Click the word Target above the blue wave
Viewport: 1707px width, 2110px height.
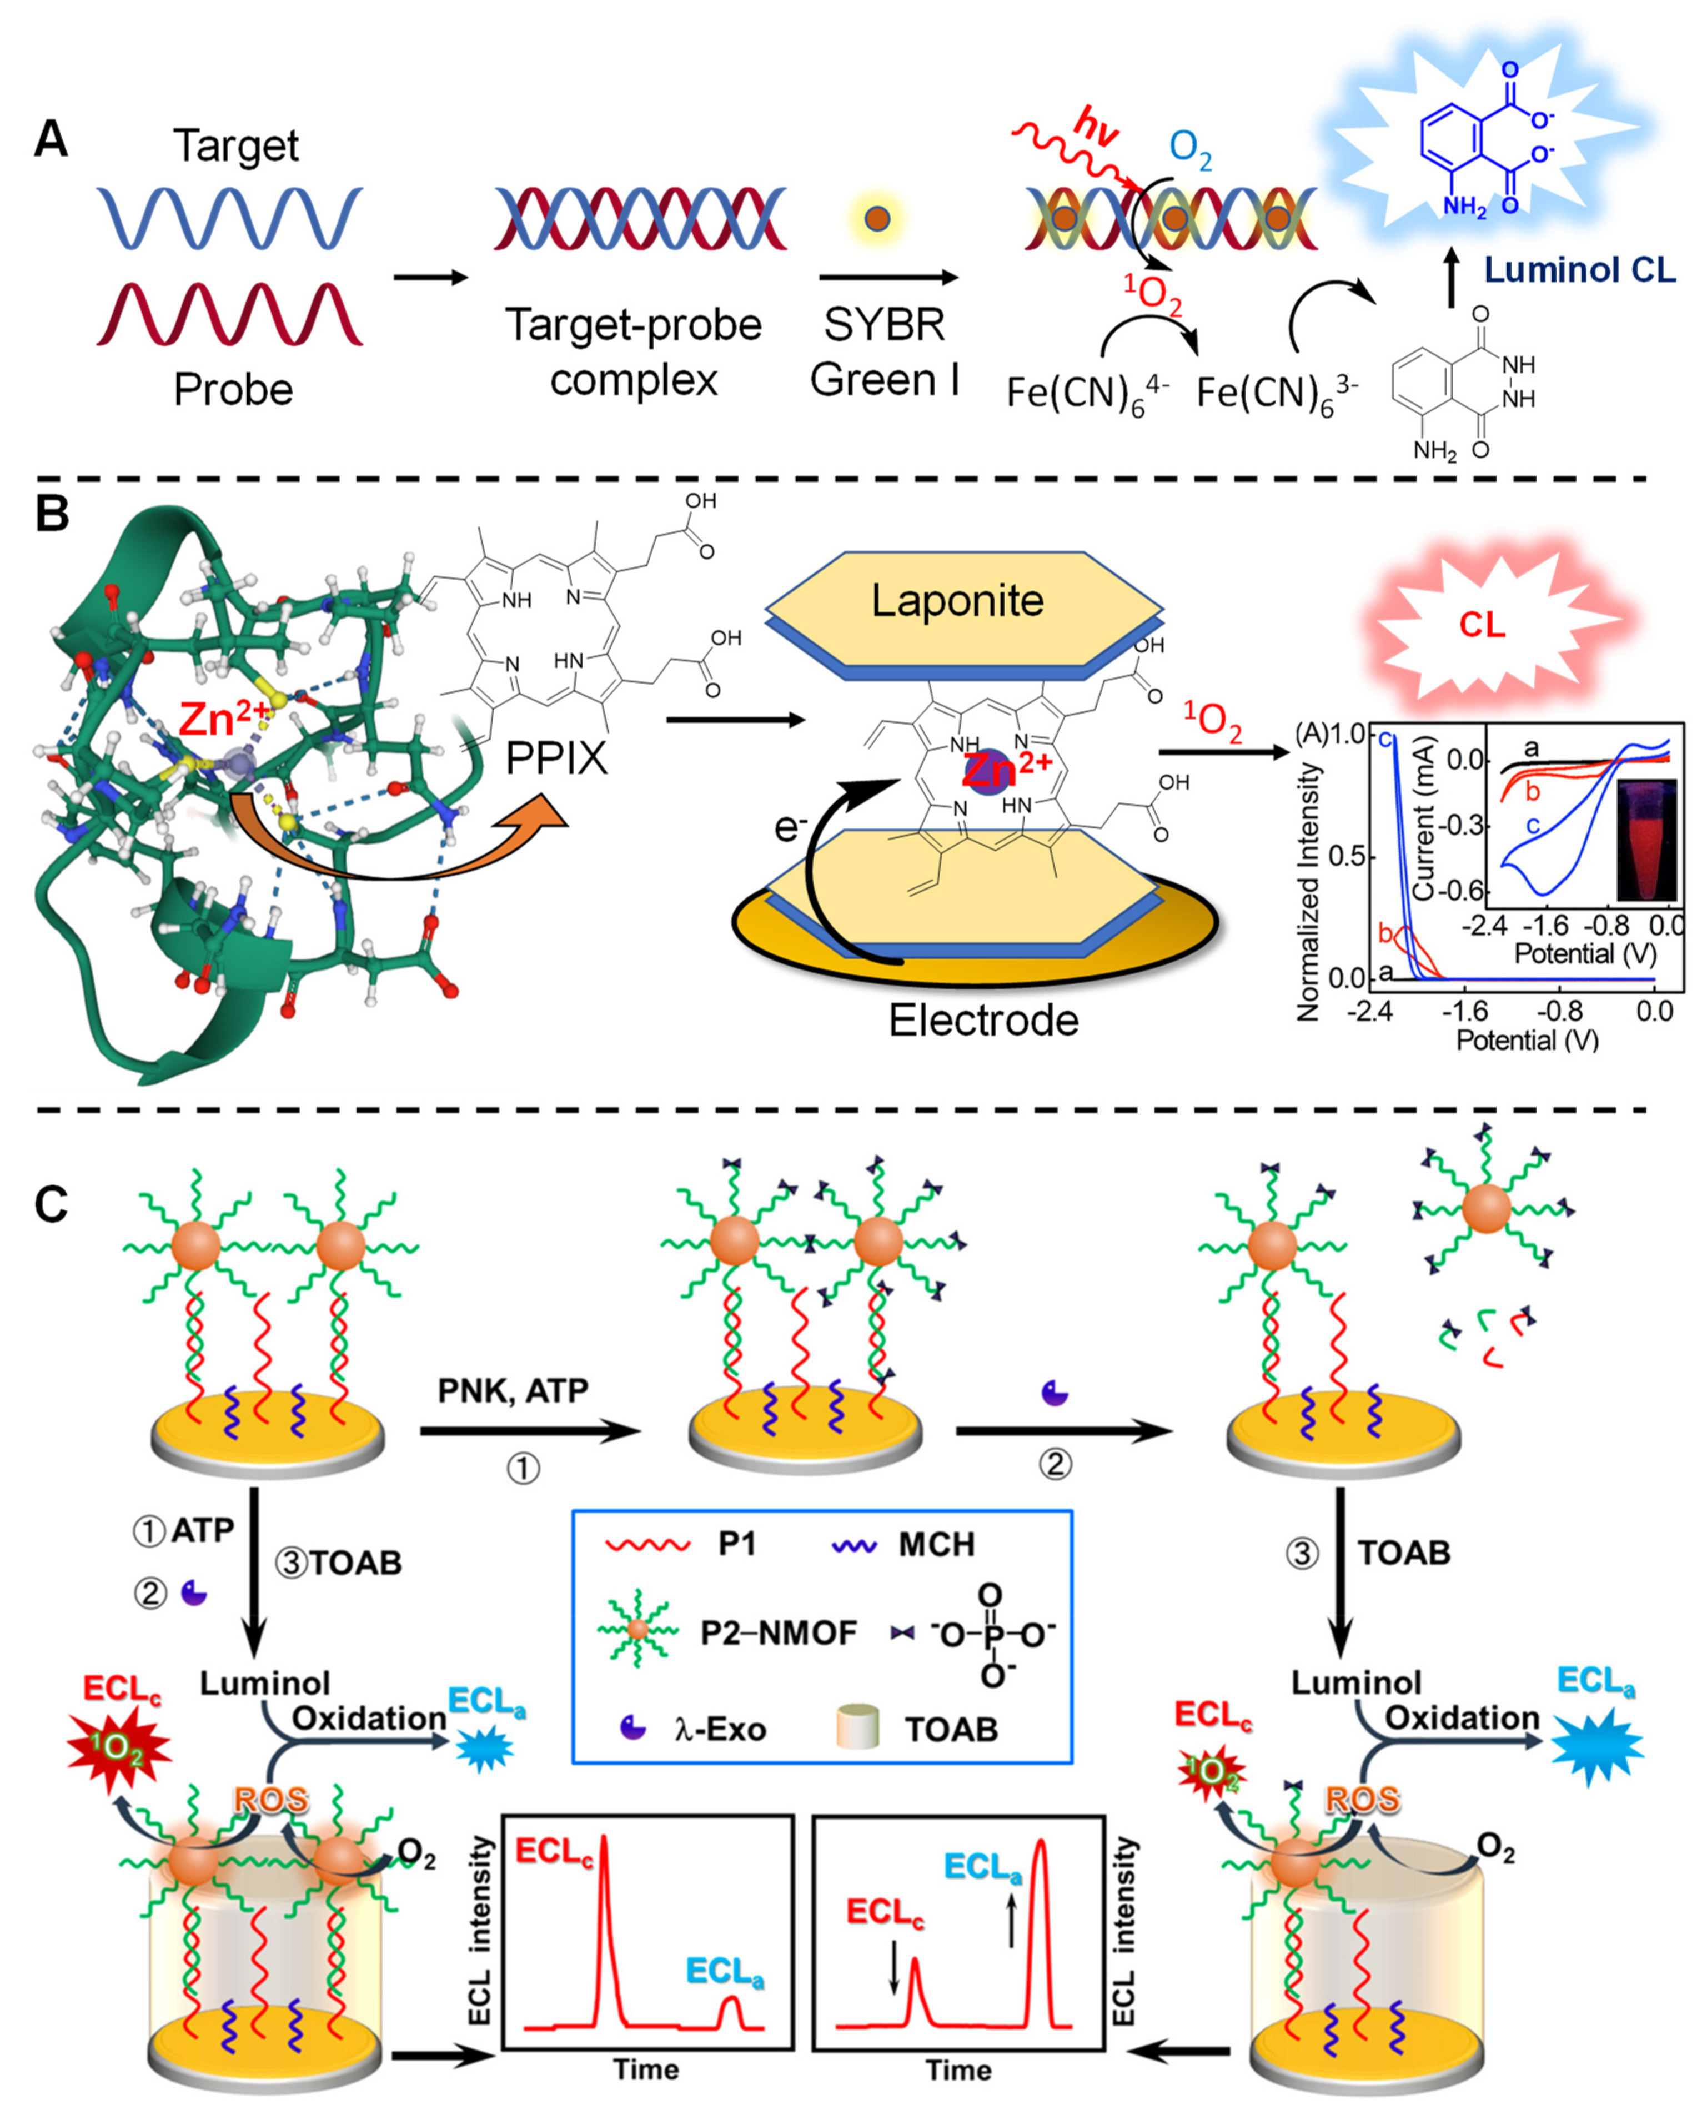click(236, 147)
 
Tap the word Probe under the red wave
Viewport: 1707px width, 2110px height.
click(233, 389)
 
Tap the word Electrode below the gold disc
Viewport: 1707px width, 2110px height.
click(983, 1021)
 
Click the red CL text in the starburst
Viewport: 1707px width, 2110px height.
click(1482, 625)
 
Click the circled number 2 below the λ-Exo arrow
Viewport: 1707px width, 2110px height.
click(1055, 1464)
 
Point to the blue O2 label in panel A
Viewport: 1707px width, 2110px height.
click(1190, 149)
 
